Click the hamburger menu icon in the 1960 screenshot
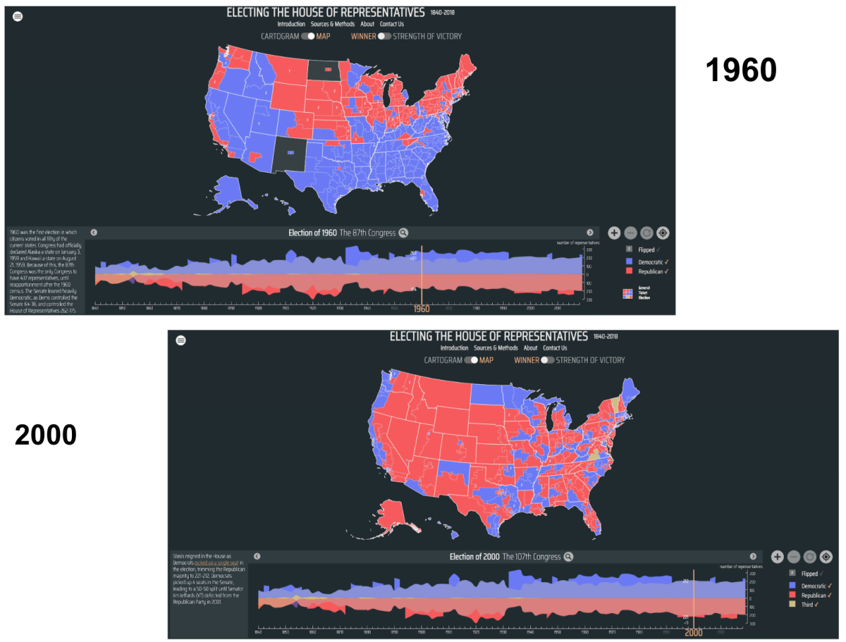[18, 17]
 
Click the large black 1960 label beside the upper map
[741, 70]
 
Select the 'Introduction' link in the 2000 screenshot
[454, 348]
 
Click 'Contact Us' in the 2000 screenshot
[555, 348]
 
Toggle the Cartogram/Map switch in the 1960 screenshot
[307, 36]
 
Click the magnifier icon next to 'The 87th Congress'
[403, 233]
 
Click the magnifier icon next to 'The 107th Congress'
[568, 557]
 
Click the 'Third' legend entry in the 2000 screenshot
[807, 605]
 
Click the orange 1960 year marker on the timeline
[421, 309]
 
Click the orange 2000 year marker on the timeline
[694, 632]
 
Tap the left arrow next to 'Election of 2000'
[257, 557]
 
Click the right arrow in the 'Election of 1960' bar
[590, 233]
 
